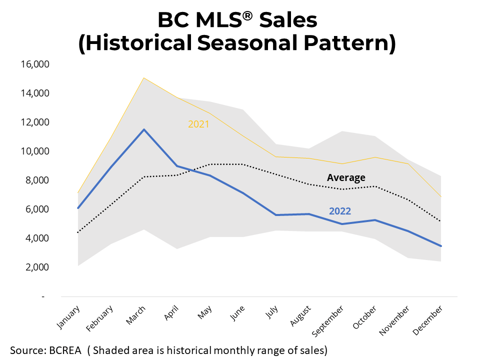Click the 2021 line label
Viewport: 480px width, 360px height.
pos(198,124)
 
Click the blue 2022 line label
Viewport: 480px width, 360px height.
pos(340,211)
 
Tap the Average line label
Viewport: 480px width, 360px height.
pos(346,177)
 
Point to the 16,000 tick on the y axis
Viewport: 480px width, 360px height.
pos(35,64)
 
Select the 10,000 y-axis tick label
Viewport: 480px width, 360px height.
pos(35,151)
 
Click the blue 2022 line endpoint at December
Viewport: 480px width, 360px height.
pos(441,246)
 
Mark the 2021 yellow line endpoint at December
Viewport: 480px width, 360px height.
pos(441,197)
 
